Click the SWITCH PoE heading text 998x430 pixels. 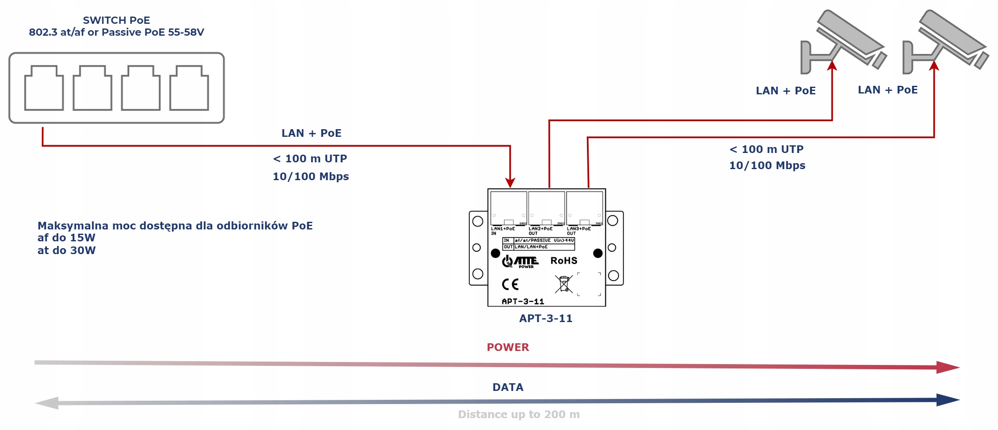coord(116,20)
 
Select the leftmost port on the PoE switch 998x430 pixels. coord(44,88)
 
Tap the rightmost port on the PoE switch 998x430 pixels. coord(189,88)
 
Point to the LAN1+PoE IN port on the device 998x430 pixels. coord(509,208)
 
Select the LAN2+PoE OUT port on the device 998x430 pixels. coord(547,208)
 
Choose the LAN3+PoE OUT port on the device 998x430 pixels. coord(584,208)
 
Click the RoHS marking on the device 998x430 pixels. coord(564,261)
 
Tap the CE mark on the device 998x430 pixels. coord(510,284)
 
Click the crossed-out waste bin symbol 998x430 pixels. coord(564,284)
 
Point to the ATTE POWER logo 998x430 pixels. coord(520,261)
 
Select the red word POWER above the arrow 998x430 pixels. coord(508,347)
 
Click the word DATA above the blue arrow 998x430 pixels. coord(508,387)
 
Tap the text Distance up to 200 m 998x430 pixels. coord(519,414)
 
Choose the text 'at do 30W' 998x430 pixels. coord(67,250)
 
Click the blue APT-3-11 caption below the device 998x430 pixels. coord(546,318)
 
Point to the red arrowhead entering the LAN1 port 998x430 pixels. coord(510,183)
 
